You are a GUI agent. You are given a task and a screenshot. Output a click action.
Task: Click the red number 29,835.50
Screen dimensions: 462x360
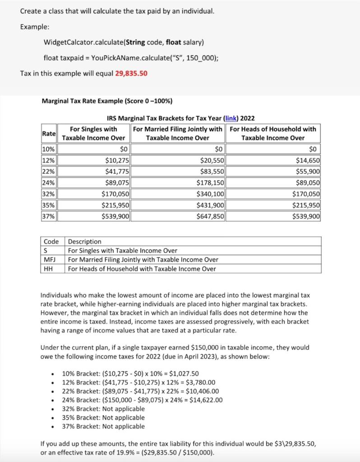point(131,73)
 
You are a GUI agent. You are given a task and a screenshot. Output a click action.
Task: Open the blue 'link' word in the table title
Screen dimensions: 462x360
point(231,118)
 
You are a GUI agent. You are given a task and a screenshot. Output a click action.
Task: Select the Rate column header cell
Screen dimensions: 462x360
point(49,134)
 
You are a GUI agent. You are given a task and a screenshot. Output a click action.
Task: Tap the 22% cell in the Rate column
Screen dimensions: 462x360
point(49,171)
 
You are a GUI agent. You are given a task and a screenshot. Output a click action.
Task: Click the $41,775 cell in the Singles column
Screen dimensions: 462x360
point(116,171)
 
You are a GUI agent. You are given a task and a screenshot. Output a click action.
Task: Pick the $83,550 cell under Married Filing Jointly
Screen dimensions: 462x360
point(212,171)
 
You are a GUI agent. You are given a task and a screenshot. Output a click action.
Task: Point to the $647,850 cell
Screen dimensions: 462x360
point(211,216)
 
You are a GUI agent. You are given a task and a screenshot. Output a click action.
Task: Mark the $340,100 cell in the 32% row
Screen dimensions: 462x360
point(211,194)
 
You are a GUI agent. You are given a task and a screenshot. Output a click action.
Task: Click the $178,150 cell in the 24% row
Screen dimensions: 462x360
point(211,183)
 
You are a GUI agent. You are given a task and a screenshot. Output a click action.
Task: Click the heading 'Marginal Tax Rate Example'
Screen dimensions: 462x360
point(106,101)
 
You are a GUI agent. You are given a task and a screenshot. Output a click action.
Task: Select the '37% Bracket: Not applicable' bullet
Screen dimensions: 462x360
point(103,426)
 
